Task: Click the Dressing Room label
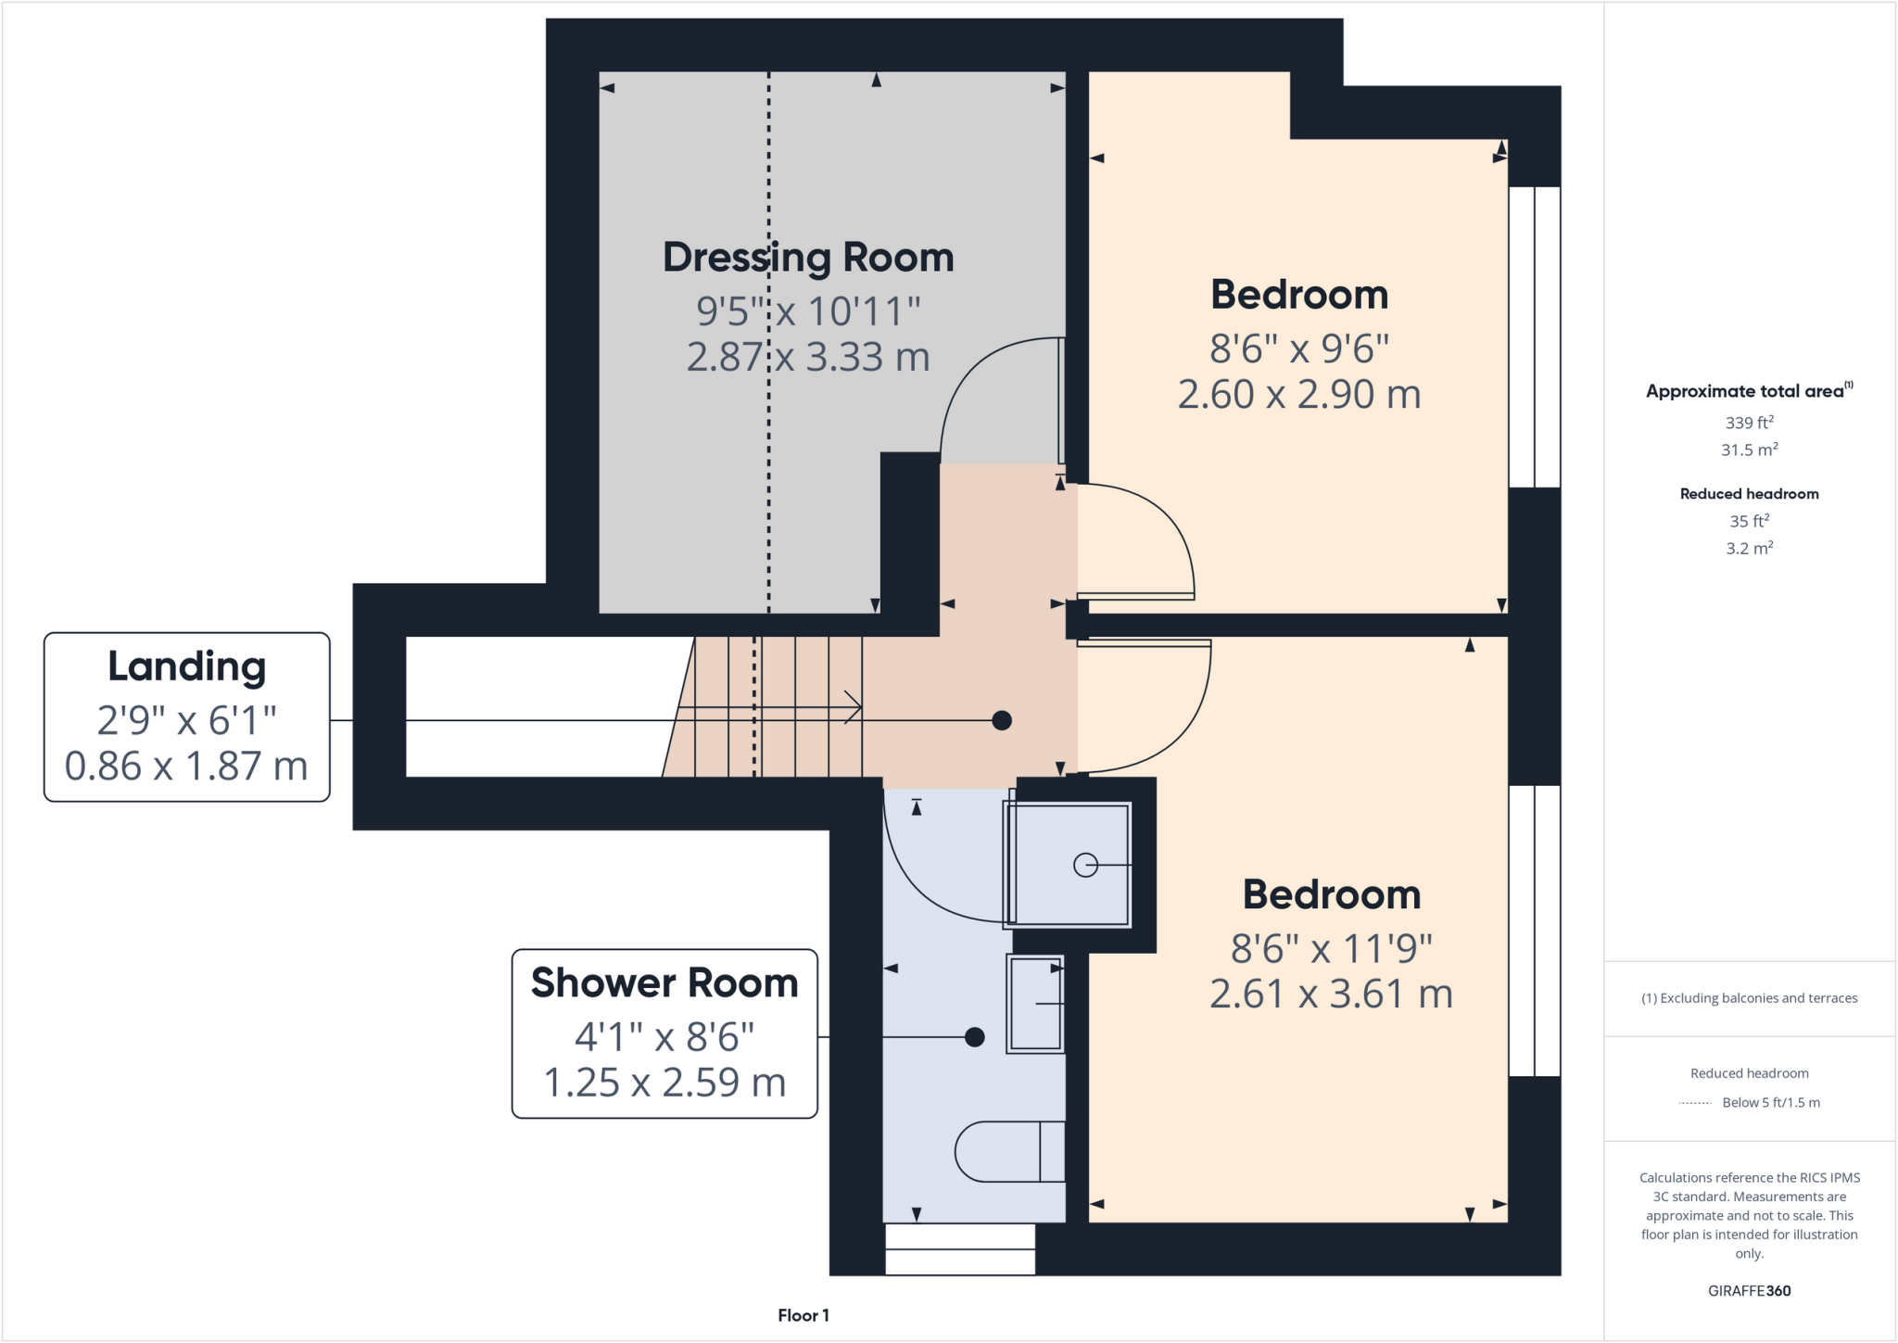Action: coord(808,258)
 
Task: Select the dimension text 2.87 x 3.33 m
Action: coord(808,358)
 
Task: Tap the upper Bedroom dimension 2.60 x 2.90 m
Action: coord(1299,395)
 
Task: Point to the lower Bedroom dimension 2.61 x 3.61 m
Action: coord(1331,995)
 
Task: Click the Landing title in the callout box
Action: coord(187,666)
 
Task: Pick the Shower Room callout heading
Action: coord(664,983)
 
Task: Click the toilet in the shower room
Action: coord(1010,1152)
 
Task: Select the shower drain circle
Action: coord(1085,865)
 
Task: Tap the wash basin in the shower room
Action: coord(1035,1004)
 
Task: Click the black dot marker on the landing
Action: coord(1002,720)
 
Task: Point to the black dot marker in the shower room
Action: coord(974,1037)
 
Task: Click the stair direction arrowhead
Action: coord(854,708)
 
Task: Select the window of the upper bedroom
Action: coord(1535,337)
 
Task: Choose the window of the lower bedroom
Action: coord(1535,931)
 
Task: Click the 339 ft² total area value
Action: coord(1749,423)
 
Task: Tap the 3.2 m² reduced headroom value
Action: coord(1749,549)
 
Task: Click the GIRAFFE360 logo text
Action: coord(1749,1291)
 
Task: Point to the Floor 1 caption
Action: coord(803,1315)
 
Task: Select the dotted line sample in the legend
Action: coord(1695,1103)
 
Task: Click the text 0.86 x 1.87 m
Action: coord(186,767)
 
